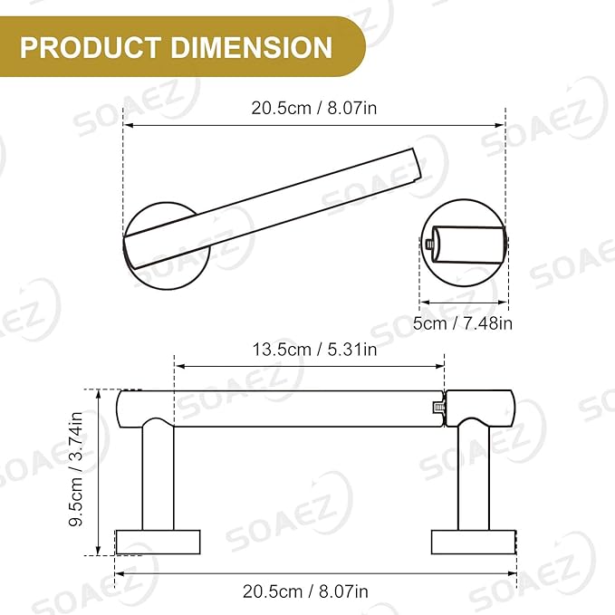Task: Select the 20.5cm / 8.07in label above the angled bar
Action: tap(314, 108)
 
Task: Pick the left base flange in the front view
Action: tap(158, 542)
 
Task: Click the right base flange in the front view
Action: tap(474, 542)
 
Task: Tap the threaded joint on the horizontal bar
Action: tap(438, 408)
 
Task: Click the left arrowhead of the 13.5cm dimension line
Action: tap(178, 366)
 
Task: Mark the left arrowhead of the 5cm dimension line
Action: tap(423, 303)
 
